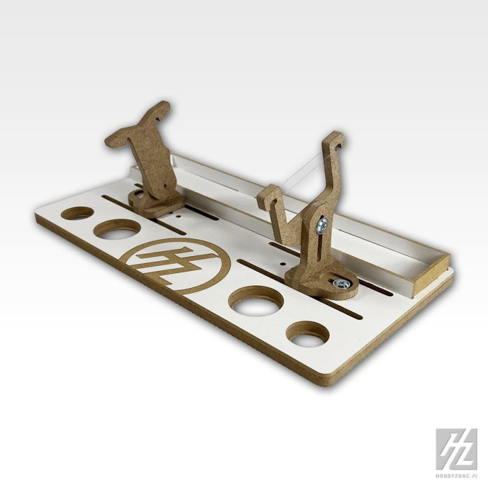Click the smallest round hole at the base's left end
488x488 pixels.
[77, 213]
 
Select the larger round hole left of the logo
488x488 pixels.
[116, 230]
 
